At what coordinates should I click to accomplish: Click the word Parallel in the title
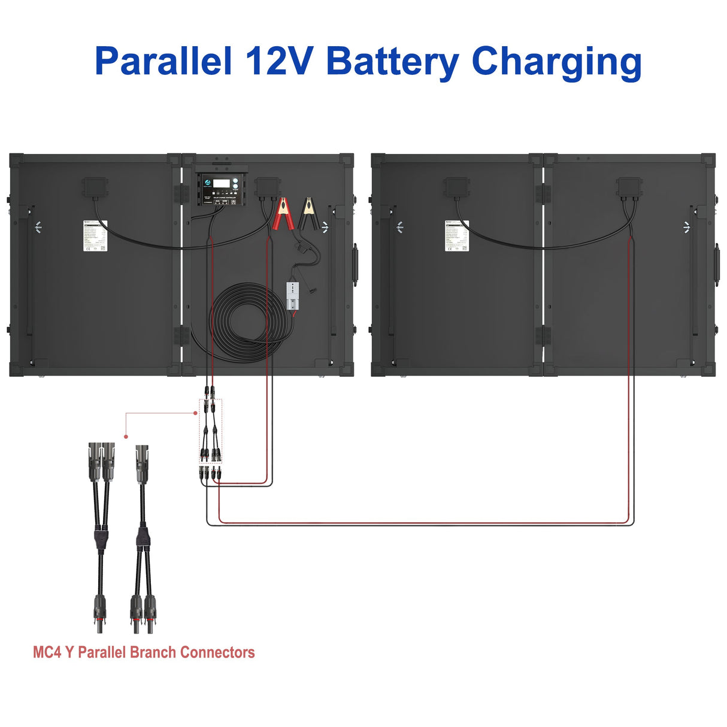tap(163, 62)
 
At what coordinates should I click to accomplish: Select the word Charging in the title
tap(556, 62)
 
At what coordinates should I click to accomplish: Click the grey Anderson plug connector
tap(293, 296)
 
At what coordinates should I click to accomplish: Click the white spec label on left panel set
tap(95, 235)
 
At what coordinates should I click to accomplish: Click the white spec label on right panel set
tap(457, 235)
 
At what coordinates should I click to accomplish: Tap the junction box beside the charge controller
tap(267, 187)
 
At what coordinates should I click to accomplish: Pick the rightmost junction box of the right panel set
tap(629, 187)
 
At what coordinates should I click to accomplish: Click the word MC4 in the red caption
tap(47, 652)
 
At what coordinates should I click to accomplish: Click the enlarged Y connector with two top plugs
tap(101, 533)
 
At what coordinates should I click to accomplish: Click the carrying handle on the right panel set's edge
tap(716, 264)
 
